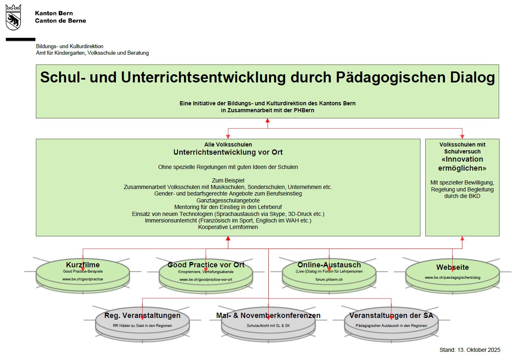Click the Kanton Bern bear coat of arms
(13, 18)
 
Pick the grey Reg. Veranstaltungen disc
(142, 321)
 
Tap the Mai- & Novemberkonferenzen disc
(268, 321)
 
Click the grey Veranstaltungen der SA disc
(391, 321)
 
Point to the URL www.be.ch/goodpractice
(83, 279)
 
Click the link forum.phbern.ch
(329, 280)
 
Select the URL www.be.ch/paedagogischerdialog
(452, 278)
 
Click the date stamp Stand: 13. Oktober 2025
(470, 350)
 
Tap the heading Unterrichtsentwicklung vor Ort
(228, 152)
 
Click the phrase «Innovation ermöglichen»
(462, 164)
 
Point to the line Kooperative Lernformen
(228, 227)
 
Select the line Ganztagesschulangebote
(228, 201)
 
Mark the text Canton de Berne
(60, 20)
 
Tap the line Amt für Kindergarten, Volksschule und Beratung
(92, 53)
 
